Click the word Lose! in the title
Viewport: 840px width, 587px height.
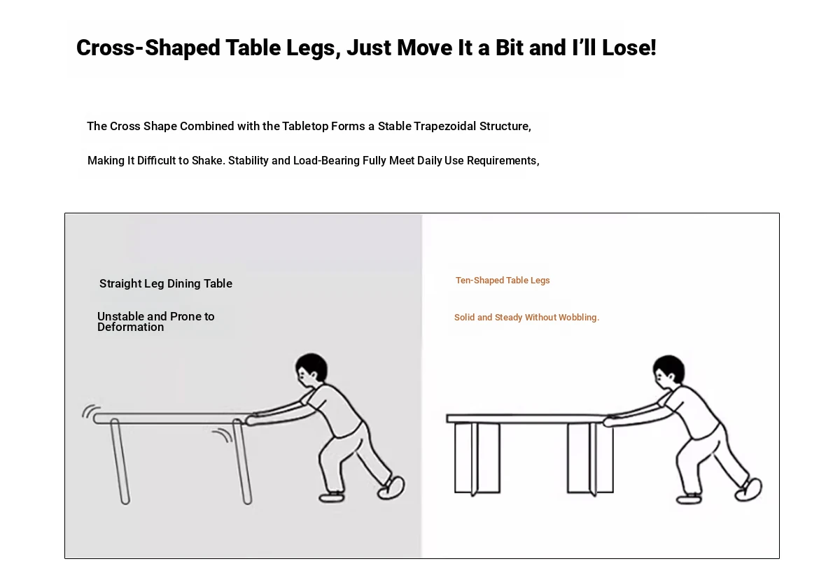click(x=629, y=48)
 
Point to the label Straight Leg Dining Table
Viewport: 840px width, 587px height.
click(x=166, y=284)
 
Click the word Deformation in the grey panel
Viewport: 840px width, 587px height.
click(x=130, y=327)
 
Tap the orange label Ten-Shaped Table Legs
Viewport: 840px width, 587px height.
click(x=503, y=281)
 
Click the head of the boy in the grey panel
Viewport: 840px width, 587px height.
click(x=311, y=367)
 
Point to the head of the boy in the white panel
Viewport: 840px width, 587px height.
click(x=668, y=369)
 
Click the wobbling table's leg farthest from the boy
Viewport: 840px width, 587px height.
click(x=120, y=462)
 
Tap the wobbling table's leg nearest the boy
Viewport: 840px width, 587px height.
click(x=242, y=462)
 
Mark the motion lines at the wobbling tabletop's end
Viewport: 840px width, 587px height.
click(x=91, y=411)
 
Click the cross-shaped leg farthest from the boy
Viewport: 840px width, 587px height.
click(x=477, y=458)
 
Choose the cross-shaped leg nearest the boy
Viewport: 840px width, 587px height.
click(x=591, y=458)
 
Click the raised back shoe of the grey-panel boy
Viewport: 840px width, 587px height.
click(x=391, y=488)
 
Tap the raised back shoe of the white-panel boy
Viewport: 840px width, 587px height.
click(x=748, y=490)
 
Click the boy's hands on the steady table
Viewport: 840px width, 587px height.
click(x=610, y=420)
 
